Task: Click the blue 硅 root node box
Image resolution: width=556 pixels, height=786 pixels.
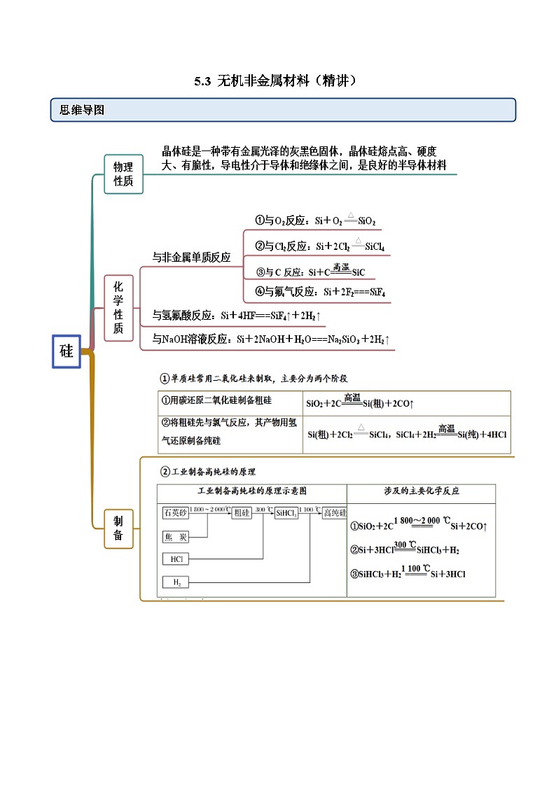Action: point(67,351)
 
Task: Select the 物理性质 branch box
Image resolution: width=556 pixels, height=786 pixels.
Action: point(123,174)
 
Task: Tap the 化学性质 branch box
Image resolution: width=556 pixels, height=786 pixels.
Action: point(118,308)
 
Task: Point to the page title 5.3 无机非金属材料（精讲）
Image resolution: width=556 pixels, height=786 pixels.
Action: point(278,81)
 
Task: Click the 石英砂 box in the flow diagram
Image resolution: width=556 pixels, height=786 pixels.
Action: point(174,513)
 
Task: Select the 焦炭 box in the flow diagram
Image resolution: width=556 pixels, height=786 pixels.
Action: point(174,537)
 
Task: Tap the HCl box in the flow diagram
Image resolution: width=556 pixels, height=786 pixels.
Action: point(174,559)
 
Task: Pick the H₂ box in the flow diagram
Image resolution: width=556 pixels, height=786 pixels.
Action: point(174,582)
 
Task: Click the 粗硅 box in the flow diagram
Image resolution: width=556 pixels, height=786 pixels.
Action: point(242,513)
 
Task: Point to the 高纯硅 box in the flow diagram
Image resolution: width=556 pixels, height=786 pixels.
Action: point(334,513)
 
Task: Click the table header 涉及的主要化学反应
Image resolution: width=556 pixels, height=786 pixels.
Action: point(421,491)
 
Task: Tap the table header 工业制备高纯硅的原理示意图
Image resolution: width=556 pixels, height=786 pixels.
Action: point(252,491)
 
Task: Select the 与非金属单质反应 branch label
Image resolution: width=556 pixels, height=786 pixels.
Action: point(191,258)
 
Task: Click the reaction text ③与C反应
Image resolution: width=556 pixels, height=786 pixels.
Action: point(310,272)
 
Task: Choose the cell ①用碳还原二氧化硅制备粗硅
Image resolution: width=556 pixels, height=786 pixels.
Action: point(216,400)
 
